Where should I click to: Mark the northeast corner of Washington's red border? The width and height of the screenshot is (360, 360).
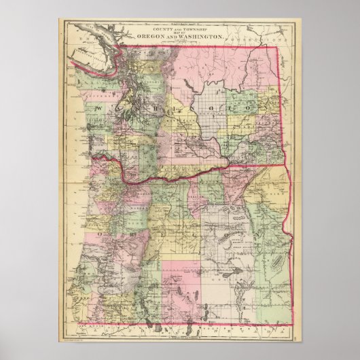[277, 48]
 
